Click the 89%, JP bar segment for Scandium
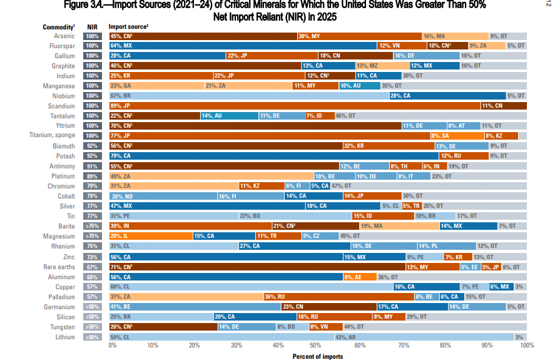pos(294,106)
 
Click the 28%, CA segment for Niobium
pos(447,96)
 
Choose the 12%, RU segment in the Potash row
pos(464,156)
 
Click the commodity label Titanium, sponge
pos(52,135)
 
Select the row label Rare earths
pos(61,266)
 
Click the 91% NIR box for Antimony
pos(93,166)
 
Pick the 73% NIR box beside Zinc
pos(93,257)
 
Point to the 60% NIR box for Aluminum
pos(93,277)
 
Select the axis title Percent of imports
pos(318,356)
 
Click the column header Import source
pos(128,27)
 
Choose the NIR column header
pos(92,27)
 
